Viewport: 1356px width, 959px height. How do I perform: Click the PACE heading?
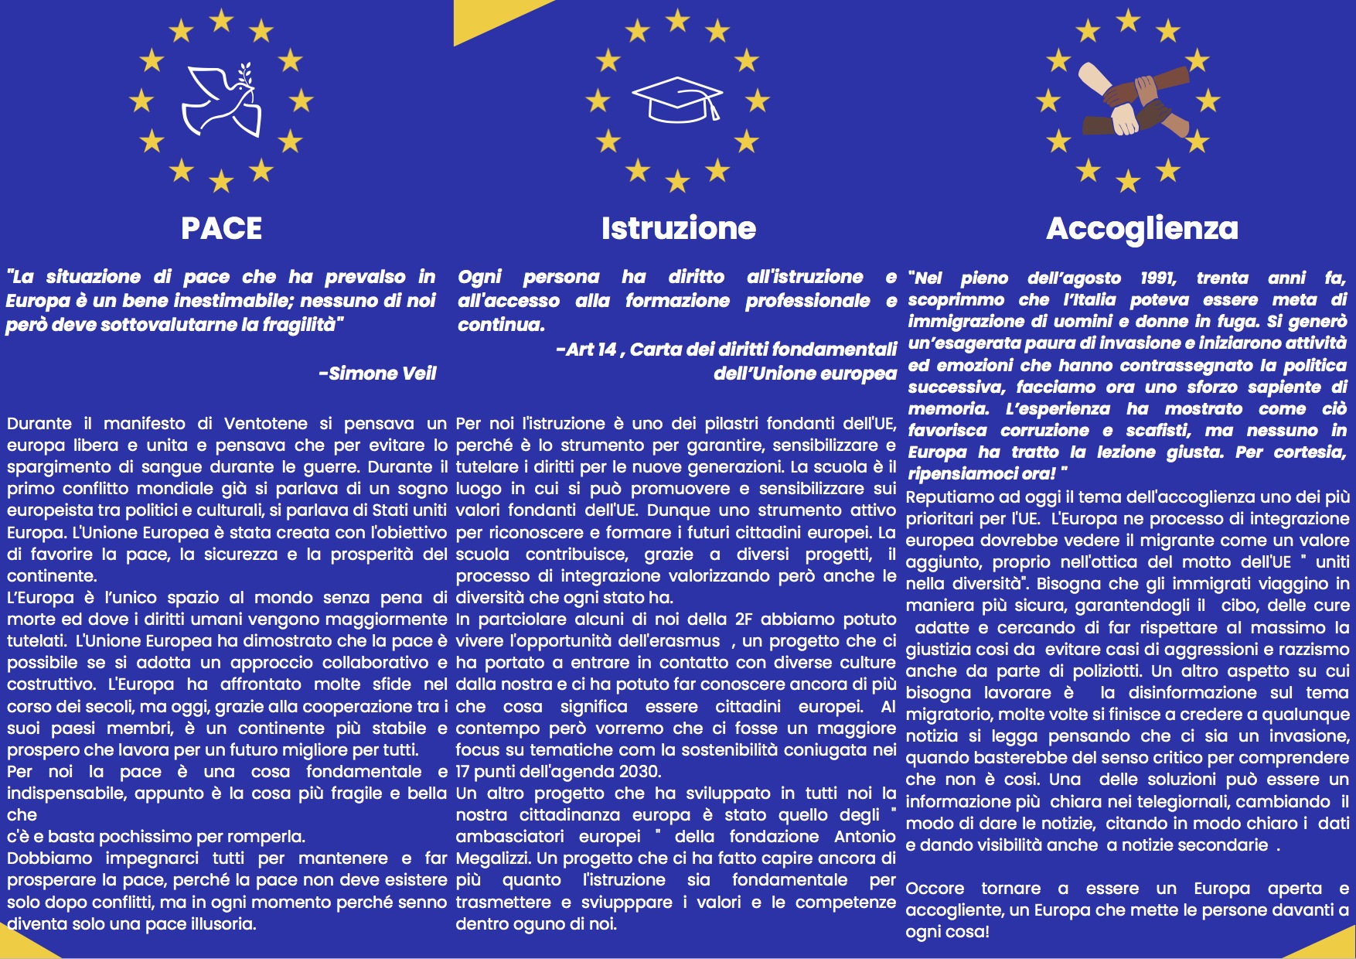pyautogui.click(x=221, y=228)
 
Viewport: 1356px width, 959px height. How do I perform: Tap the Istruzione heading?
pyautogui.click(x=678, y=228)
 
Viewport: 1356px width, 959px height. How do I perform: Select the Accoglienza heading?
pyautogui.click(x=1142, y=228)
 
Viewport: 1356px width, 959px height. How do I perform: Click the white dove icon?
pyautogui.click(x=221, y=101)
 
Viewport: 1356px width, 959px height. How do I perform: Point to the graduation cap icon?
pyautogui.click(x=677, y=100)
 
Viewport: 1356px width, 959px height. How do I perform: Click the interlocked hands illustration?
pyautogui.click(x=1129, y=101)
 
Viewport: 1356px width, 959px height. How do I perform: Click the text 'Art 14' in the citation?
pyautogui.click(x=591, y=350)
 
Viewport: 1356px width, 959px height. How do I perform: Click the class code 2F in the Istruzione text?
pyautogui.click(x=743, y=619)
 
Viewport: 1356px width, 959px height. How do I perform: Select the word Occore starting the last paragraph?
pyautogui.click(x=935, y=889)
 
